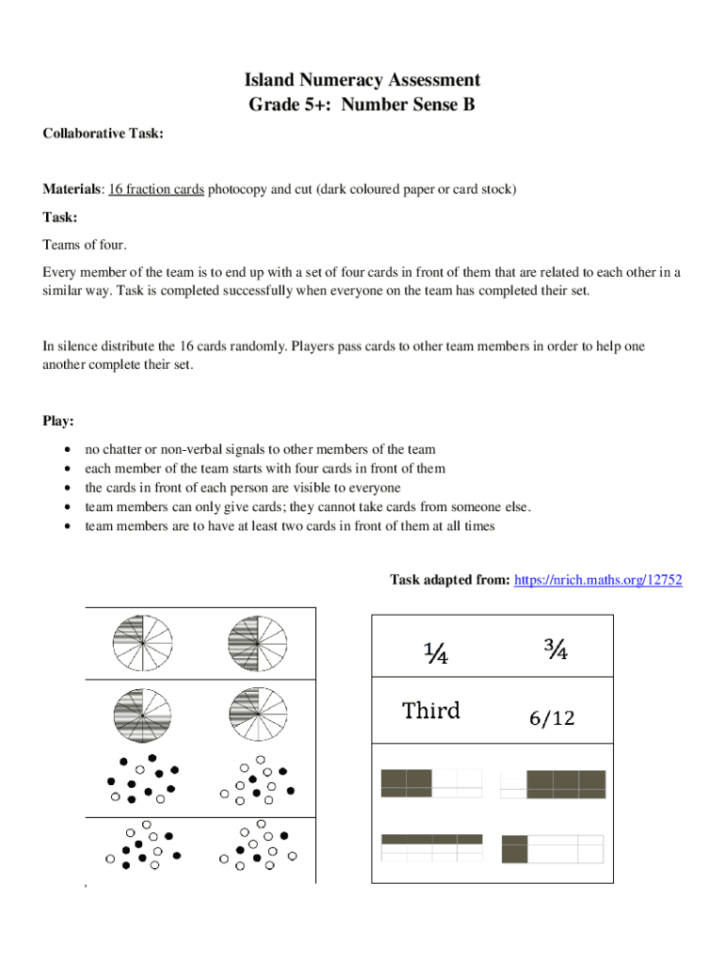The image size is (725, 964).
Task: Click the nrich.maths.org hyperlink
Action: tap(598, 580)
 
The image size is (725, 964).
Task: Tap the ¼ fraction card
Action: tap(434, 651)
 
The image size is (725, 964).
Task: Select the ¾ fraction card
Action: tap(556, 650)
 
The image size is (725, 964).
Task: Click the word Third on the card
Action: tap(431, 711)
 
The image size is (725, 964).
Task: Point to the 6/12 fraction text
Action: tap(551, 719)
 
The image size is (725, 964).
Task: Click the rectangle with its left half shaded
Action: tap(431, 783)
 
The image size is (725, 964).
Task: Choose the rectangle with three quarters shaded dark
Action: tap(553, 784)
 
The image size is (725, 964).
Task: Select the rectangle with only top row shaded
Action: tap(431, 847)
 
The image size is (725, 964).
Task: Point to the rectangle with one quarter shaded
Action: tap(553, 848)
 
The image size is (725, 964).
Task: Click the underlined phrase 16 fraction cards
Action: tap(156, 189)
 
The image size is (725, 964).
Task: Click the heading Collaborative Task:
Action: tap(104, 135)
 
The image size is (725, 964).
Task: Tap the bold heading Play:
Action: tap(59, 420)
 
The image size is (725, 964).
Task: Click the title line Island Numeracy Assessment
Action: tap(362, 81)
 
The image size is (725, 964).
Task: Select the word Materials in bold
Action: tap(72, 189)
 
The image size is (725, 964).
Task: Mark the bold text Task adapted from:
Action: tap(450, 580)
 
